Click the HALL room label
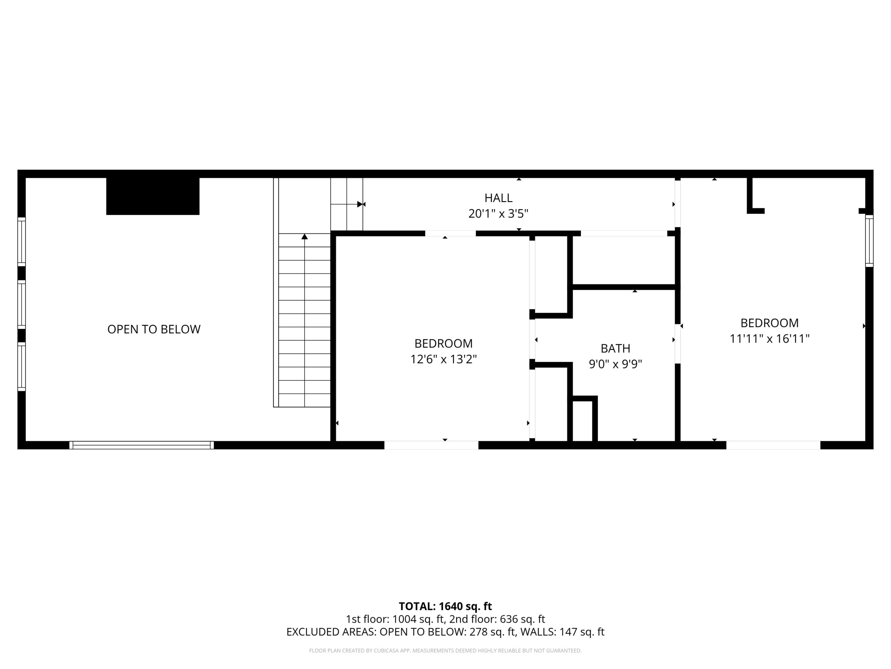click(498, 198)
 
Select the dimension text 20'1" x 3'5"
click(498, 213)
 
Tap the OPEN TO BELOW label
click(154, 330)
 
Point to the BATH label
click(615, 348)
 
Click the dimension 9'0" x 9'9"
click(615, 364)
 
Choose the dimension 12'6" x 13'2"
click(443, 359)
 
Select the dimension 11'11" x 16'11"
click(769, 339)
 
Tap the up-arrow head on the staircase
click(305, 236)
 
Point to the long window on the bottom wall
click(141, 445)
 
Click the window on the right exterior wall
click(869, 241)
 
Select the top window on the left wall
click(21, 242)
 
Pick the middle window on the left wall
click(21, 305)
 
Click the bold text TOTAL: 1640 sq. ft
click(445, 607)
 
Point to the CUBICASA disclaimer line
click(445, 651)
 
